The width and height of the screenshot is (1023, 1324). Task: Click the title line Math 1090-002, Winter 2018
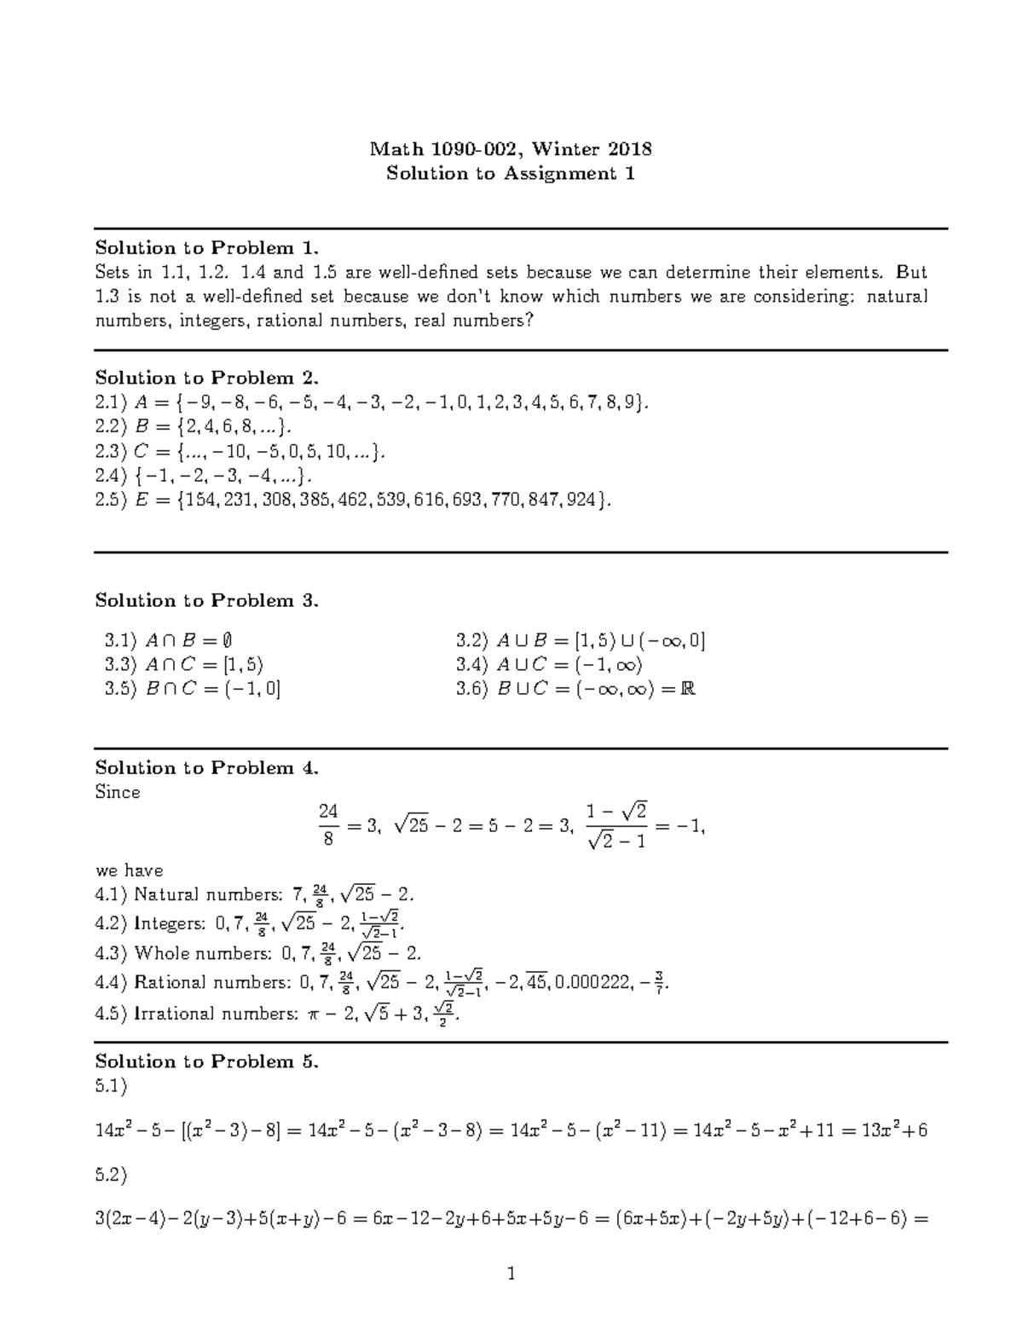click(511, 150)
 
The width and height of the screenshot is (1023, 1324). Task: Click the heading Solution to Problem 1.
click(206, 248)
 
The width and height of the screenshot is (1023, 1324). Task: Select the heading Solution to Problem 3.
click(206, 600)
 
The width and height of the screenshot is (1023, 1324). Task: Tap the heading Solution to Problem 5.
click(206, 1061)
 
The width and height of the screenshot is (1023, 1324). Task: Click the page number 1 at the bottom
click(511, 1275)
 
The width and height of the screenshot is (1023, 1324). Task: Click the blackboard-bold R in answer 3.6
click(689, 689)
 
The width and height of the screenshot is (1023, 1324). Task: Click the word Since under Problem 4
click(117, 793)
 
